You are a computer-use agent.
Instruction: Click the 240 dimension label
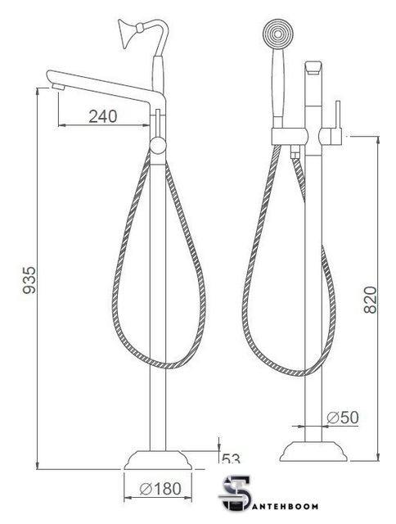pyautogui.click(x=103, y=116)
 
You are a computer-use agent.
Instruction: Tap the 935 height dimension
pyautogui.click(x=29, y=280)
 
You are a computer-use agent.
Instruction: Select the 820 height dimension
pyautogui.click(x=370, y=300)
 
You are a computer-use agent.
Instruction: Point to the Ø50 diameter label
pyautogui.click(x=343, y=417)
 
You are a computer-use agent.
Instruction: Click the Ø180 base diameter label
pyautogui.click(x=160, y=489)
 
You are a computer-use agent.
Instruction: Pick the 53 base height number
pyautogui.click(x=231, y=458)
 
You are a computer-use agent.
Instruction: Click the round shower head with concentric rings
pyautogui.click(x=278, y=34)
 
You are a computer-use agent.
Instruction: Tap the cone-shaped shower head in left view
pyautogui.click(x=128, y=34)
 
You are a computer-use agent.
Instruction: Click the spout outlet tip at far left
pyautogui.click(x=58, y=87)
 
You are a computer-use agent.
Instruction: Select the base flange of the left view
pyautogui.click(x=158, y=460)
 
